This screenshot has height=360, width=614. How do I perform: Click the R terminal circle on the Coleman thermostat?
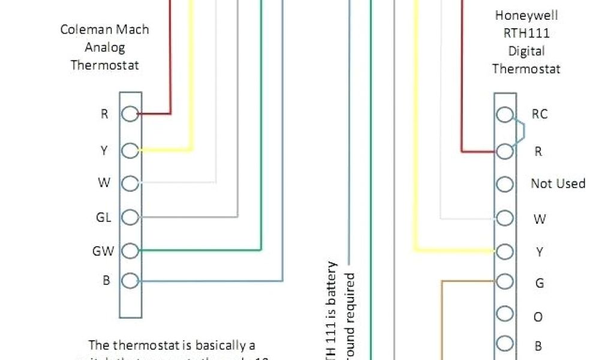(x=130, y=113)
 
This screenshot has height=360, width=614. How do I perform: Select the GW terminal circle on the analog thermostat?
(x=130, y=251)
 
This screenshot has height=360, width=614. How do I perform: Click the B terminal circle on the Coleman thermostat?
(x=130, y=280)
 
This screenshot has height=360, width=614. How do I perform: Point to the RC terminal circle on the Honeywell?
(x=505, y=114)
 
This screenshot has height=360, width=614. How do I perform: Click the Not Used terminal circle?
(x=505, y=184)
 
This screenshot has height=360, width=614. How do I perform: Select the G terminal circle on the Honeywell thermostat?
(x=505, y=281)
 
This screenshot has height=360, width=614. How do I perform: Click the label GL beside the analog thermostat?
(x=104, y=218)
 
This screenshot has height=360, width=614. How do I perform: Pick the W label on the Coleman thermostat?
(x=104, y=183)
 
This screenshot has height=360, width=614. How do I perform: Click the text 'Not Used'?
(x=558, y=184)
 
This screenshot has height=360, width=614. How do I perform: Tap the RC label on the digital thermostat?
(x=540, y=114)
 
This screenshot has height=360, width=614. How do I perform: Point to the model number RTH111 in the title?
(x=526, y=33)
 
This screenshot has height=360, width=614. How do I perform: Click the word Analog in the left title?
(x=105, y=47)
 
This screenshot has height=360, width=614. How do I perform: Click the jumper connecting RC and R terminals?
(x=522, y=132)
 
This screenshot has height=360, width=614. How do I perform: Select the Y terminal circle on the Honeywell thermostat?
(x=505, y=251)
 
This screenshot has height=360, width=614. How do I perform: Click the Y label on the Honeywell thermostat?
(x=539, y=252)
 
